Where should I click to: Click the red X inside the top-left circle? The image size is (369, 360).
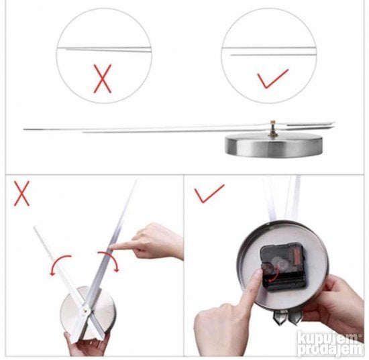pyautogui.click(x=103, y=79)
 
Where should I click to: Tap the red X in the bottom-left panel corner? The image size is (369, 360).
pyautogui.click(x=21, y=193)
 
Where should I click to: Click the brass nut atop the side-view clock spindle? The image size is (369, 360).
pyautogui.click(x=273, y=123)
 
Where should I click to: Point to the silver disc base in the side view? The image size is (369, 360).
pyautogui.click(x=274, y=144)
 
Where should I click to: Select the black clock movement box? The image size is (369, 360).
pyautogui.click(x=282, y=267)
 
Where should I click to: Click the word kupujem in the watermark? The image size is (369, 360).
pyautogui.click(x=328, y=337)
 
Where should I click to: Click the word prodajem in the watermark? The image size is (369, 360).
pyautogui.click(x=330, y=349)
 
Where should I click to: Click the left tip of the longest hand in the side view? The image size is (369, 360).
pyautogui.click(x=23, y=129)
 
